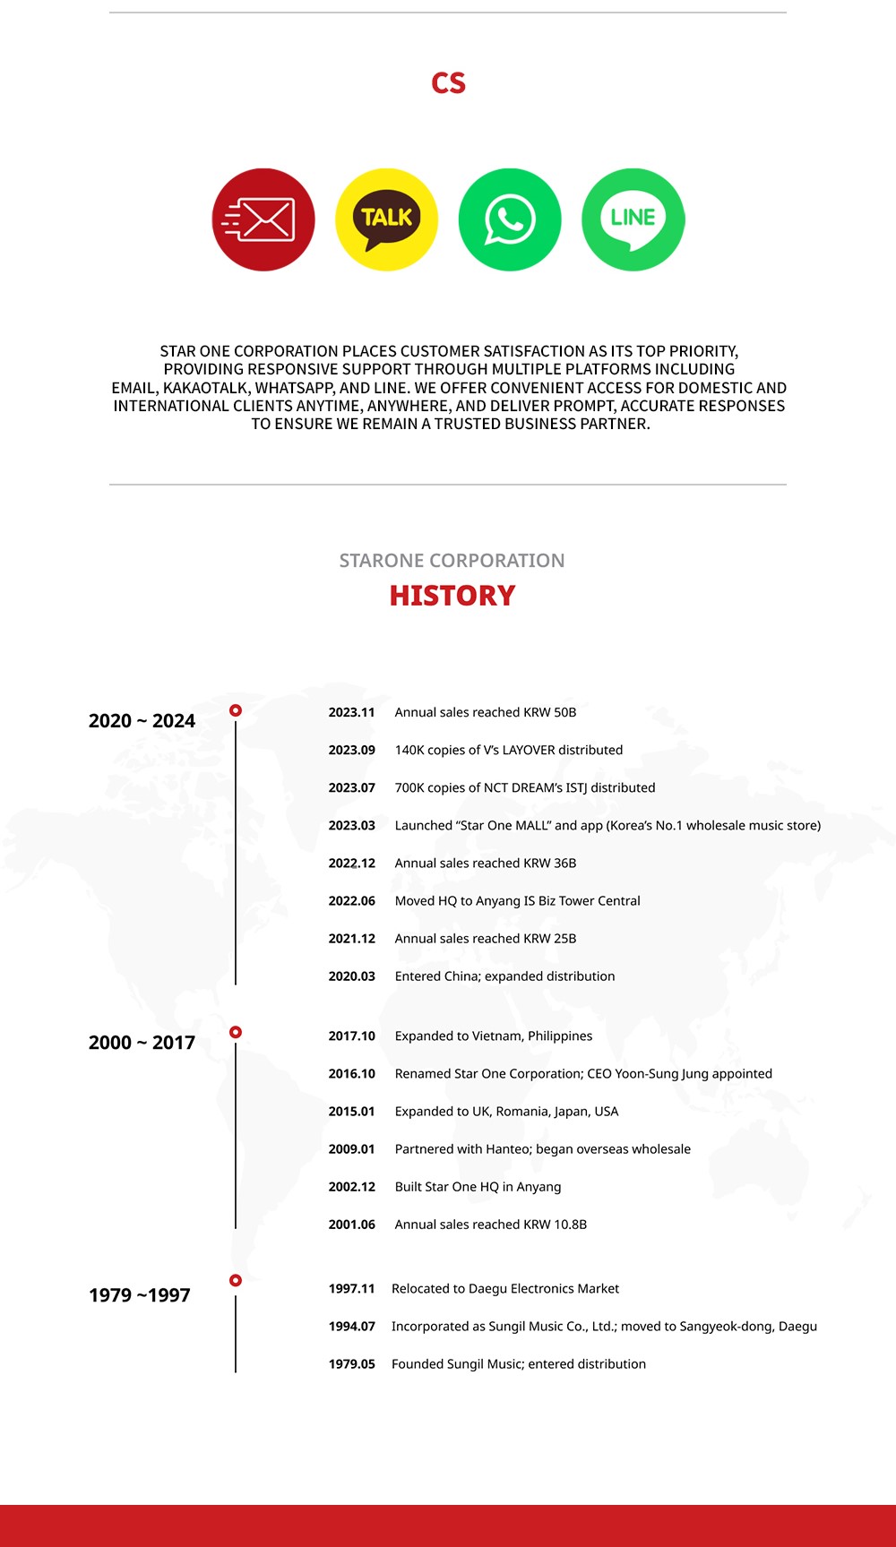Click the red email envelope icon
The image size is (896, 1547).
tap(263, 219)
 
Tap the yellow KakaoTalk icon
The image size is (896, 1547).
tap(386, 219)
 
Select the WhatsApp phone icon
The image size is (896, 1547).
tap(510, 219)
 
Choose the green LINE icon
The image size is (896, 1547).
tap(633, 219)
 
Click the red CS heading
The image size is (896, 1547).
tap(448, 83)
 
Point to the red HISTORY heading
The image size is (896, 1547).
tap(452, 596)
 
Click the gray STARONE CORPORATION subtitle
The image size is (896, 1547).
tap(452, 561)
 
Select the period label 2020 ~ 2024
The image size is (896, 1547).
tap(142, 721)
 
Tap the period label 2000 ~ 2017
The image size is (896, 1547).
tap(142, 1043)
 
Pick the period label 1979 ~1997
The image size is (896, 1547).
tap(140, 1295)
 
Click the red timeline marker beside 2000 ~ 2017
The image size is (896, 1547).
tap(236, 1032)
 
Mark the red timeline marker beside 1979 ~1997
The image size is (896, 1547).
tap(236, 1280)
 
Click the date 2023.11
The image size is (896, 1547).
tap(351, 712)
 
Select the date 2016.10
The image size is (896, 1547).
tap(351, 1073)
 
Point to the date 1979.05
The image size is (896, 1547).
tap(351, 1363)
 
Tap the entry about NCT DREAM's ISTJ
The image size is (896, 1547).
tap(525, 787)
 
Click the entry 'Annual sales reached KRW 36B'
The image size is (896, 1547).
tap(486, 863)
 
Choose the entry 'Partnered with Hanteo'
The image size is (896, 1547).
tap(543, 1148)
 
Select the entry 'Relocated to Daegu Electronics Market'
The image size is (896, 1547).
tap(505, 1288)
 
